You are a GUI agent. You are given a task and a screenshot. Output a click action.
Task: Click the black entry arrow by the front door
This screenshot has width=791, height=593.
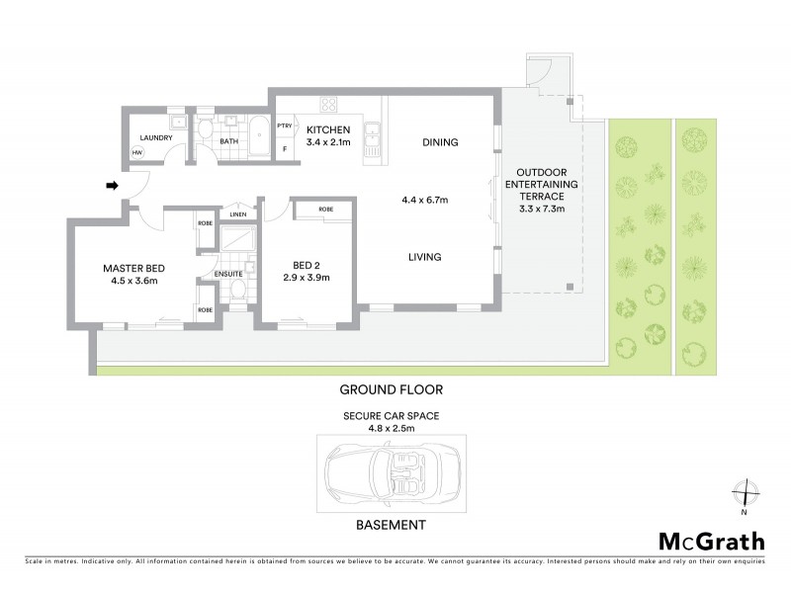(113, 185)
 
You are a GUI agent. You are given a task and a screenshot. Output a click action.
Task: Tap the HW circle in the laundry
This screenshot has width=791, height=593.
(137, 153)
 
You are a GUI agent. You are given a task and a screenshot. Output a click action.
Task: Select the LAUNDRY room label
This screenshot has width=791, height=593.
(156, 138)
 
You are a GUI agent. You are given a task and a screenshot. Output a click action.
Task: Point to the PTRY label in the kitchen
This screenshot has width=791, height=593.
(285, 126)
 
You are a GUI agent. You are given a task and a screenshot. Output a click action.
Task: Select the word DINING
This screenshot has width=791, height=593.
(440, 142)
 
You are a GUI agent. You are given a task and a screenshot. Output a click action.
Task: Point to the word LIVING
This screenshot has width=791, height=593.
(425, 257)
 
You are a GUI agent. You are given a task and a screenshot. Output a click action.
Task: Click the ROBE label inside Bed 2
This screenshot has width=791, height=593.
(326, 211)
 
